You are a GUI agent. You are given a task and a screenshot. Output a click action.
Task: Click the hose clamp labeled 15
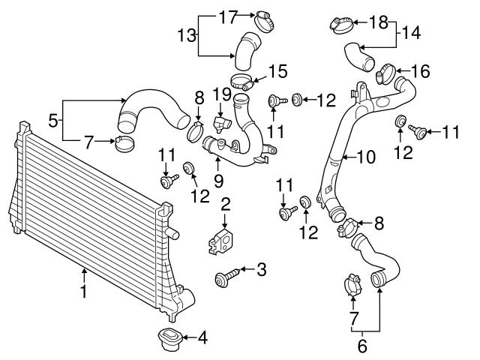point(241,80)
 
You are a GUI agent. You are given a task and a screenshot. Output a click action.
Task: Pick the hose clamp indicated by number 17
point(262,18)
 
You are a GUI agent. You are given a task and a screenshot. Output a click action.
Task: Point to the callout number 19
point(220,94)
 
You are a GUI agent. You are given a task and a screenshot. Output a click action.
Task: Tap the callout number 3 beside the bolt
point(261,269)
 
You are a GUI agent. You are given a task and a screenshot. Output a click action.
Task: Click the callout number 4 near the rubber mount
point(201,338)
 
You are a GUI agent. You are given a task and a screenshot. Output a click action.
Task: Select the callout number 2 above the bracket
point(224,203)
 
